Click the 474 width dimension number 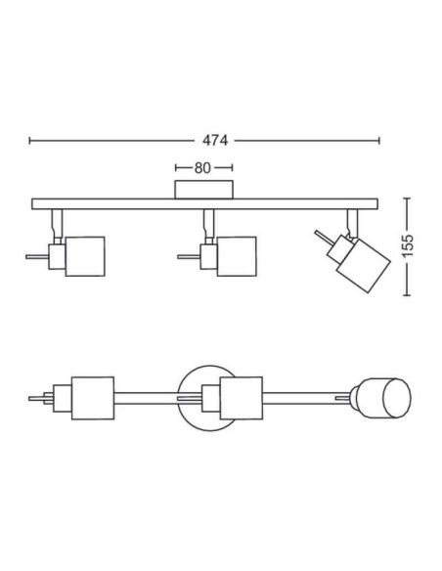pos(215,140)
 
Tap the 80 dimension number pos(202,168)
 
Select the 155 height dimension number pos(408,245)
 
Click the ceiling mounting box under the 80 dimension pos(203,190)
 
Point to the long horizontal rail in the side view pos(204,204)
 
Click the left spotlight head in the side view pos(85,256)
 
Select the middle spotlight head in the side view pos(237,256)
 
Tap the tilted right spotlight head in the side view pos(364,265)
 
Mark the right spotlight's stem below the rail pos(352,223)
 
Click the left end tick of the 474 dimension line pos(30,140)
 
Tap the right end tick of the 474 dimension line pos(379,140)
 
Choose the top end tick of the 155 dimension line pos(408,198)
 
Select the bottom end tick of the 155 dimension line pos(408,294)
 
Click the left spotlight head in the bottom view pos(93,398)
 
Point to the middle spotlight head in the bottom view pos(241,398)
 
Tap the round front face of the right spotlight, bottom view pos(397,398)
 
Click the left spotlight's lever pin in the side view pos(37,257)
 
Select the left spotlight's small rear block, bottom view pos(63,398)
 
